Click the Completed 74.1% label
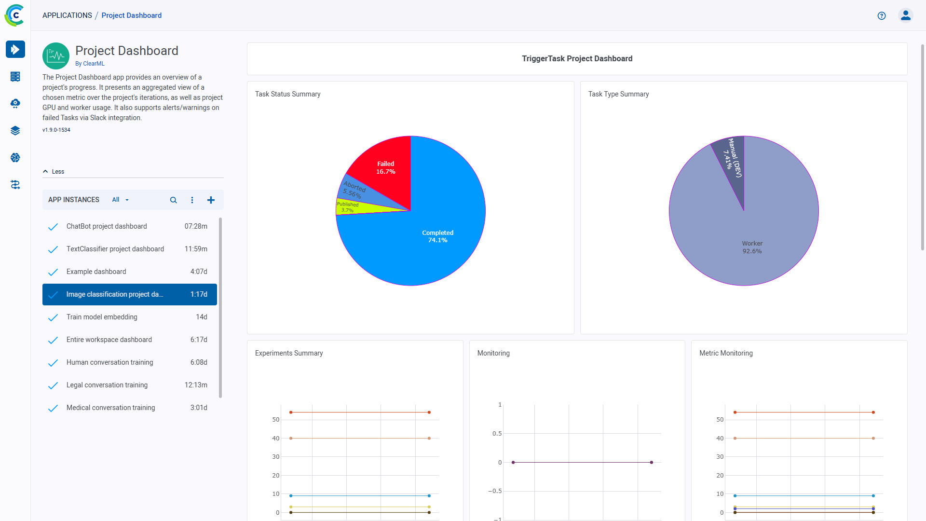(x=437, y=236)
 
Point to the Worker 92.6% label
(x=752, y=247)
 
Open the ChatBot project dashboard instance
(x=107, y=226)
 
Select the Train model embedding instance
(x=102, y=317)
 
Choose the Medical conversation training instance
(x=110, y=408)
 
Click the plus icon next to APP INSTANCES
(x=211, y=200)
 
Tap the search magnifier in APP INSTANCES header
(x=174, y=200)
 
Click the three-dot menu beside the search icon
(x=192, y=200)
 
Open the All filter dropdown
(x=120, y=200)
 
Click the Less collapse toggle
(x=54, y=172)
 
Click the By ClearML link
(x=90, y=64)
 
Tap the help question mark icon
(x=882, y=15)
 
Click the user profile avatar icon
(x=905, y=15)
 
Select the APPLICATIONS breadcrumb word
(x=67, y=15)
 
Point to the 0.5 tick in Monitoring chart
(x=497, y=434)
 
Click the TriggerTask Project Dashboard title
(x=577, y=58)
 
